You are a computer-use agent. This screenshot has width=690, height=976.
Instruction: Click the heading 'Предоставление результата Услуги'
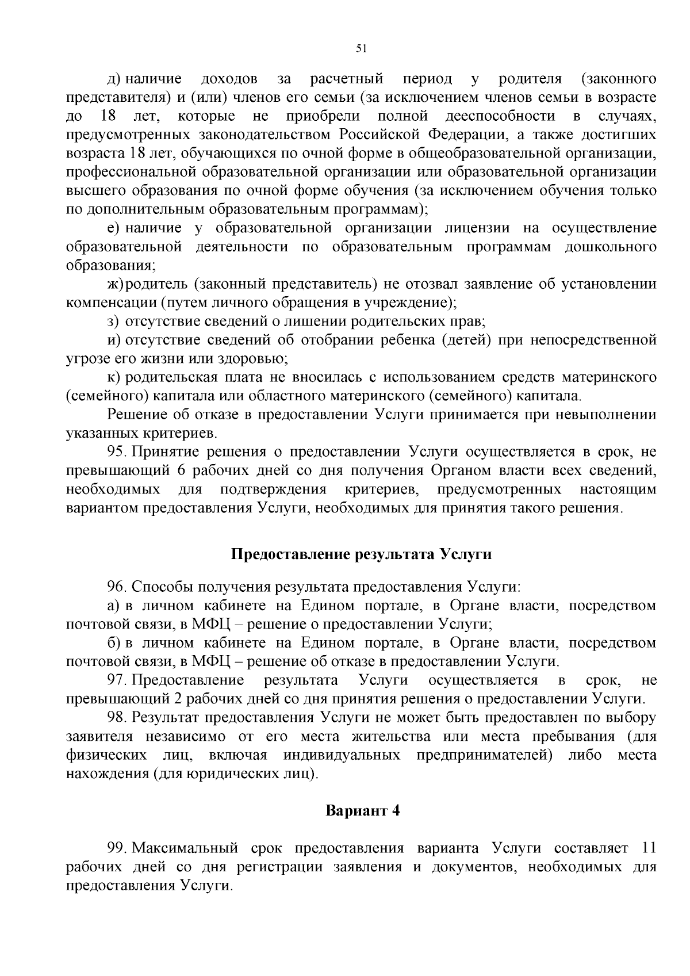click(361, 554)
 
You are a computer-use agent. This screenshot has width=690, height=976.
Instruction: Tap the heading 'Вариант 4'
click(362, 811)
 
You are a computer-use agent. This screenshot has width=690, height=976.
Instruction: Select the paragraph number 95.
click(117, 452)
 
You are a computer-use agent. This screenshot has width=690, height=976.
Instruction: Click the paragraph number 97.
click(117, 680)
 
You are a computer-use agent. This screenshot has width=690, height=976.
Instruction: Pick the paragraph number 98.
click(117, 718)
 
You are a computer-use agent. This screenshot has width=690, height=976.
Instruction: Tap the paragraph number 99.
click(117, 848)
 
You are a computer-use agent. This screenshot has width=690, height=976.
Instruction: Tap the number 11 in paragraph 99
click(647, 848)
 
